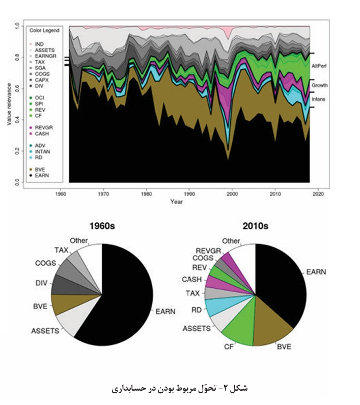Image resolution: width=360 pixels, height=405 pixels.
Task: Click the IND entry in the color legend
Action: tap(37, 44)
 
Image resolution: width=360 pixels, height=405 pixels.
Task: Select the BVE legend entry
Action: tap(37, 170)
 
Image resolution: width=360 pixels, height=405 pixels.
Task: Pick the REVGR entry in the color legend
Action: tap(41, 127)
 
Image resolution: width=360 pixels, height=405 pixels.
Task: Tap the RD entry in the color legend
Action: tap(36, 157)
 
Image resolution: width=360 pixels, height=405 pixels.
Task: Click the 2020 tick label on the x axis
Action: tap(318, 194)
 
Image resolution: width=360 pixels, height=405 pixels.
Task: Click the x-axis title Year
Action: tap(176, 202)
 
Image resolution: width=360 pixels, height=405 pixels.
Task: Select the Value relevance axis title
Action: tap(9, 104)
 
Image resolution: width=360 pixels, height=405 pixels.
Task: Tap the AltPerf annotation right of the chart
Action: tap(319, 66)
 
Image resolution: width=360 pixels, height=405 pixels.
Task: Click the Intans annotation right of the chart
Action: tap(318, 99)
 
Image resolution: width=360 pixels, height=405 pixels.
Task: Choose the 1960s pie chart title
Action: tap(102, 226)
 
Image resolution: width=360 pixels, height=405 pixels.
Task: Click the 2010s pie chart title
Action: tap(256, 226)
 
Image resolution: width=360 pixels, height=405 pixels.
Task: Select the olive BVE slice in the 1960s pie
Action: tap(65, 304)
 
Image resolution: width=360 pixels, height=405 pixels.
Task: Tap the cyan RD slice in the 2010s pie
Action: tap(217, 307)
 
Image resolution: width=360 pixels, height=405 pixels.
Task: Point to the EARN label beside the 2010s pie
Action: tap(316, 272)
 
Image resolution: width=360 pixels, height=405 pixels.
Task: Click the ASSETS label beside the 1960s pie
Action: tap(45, 331)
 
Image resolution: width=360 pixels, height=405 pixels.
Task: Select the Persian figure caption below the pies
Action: tap(180, 388)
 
